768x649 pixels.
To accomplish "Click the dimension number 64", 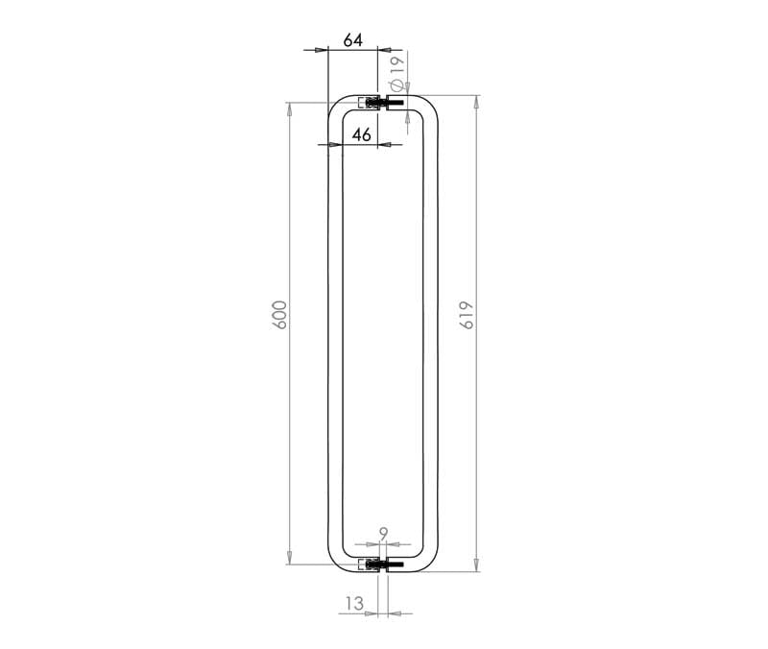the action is coord(352,40).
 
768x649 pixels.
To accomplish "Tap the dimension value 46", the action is coord(362,134).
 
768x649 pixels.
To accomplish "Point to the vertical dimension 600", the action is coord(279,315).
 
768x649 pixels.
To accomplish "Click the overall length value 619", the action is coord(467,315).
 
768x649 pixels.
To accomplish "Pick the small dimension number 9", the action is coord(383,534).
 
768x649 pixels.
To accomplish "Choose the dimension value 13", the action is coord(354,603).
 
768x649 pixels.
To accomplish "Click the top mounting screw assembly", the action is coord(380,103).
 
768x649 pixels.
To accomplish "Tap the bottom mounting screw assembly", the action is coord(380,565).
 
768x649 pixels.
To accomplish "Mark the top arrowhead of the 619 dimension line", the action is coord(476,102).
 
